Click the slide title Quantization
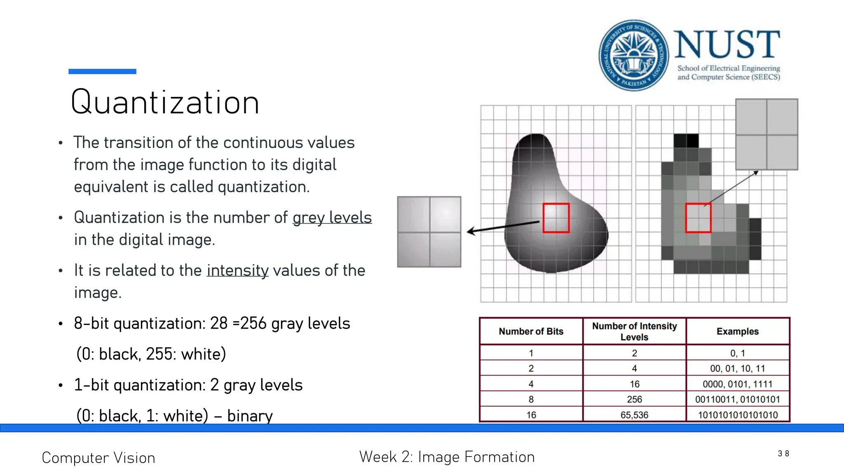point(165,102)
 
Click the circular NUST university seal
point(634,55)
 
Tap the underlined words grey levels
point(332,217)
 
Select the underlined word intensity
point(237,270)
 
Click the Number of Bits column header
point(531,332)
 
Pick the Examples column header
point(737,332)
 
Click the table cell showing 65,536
point(634,415)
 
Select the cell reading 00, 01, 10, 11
point(737,368)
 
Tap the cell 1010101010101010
point(737,415)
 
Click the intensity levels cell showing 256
point(634,399)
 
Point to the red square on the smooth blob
point(556,218)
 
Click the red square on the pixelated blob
point(698,218)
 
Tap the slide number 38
point(783,454)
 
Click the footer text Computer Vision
point(98,458)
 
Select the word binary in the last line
point(250,416)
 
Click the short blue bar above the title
point(102,71)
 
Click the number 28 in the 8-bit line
point(218,324)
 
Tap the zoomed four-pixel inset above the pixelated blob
point(767,134)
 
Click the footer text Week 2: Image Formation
point(447,457)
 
